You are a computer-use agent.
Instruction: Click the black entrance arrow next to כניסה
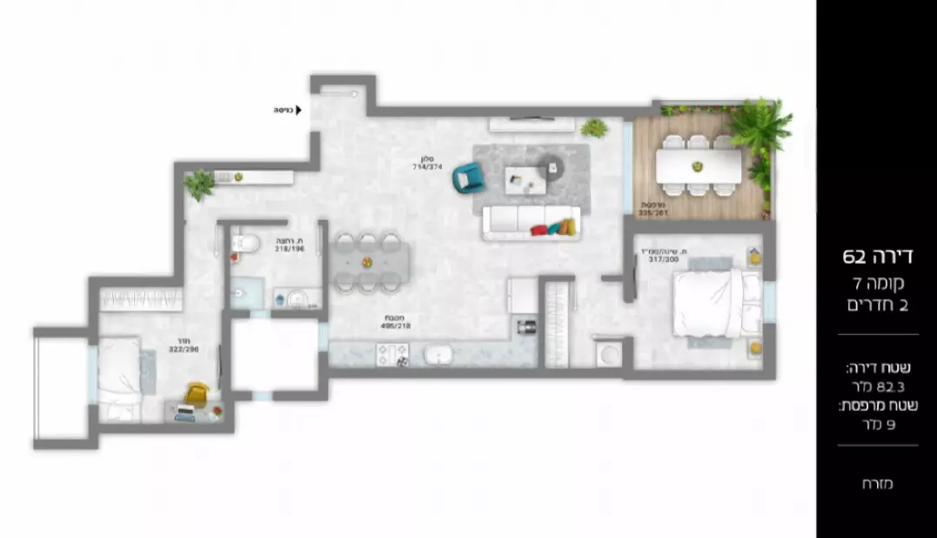click(x=298, y=111)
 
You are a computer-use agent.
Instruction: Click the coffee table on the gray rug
click(x=525, y=178)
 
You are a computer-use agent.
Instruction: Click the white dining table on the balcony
click(x=699, y=165)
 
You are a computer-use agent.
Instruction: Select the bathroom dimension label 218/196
click(x=288, y=245)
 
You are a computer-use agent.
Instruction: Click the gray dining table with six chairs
click(x=368, y=260)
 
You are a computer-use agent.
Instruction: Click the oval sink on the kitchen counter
click(x=437, y=354)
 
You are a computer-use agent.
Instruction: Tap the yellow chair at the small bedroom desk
click(x=197, y=395)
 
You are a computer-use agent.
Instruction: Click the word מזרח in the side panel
click(x=879, y=484)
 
